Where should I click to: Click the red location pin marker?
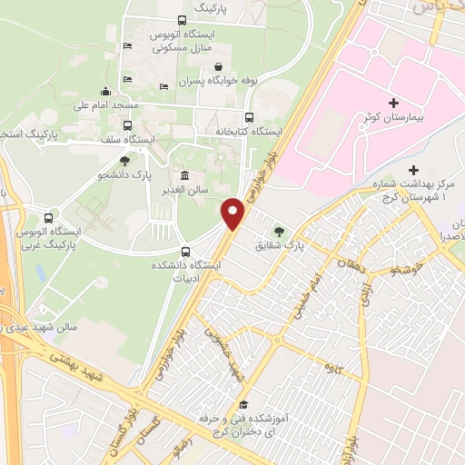(233, 213)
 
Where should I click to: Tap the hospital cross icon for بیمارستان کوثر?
(392, 104)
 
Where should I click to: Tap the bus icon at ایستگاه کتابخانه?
(250, 117)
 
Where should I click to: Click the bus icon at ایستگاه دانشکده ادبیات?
(186, 252)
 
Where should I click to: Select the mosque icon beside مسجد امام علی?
(106, 91)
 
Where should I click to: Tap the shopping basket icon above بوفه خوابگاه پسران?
(219, 66)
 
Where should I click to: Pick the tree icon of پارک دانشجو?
(137, 160)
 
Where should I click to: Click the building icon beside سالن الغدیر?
(185, 175)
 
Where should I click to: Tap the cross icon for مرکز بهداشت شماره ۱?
(413, 170)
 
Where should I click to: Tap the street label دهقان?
(351, 264)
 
